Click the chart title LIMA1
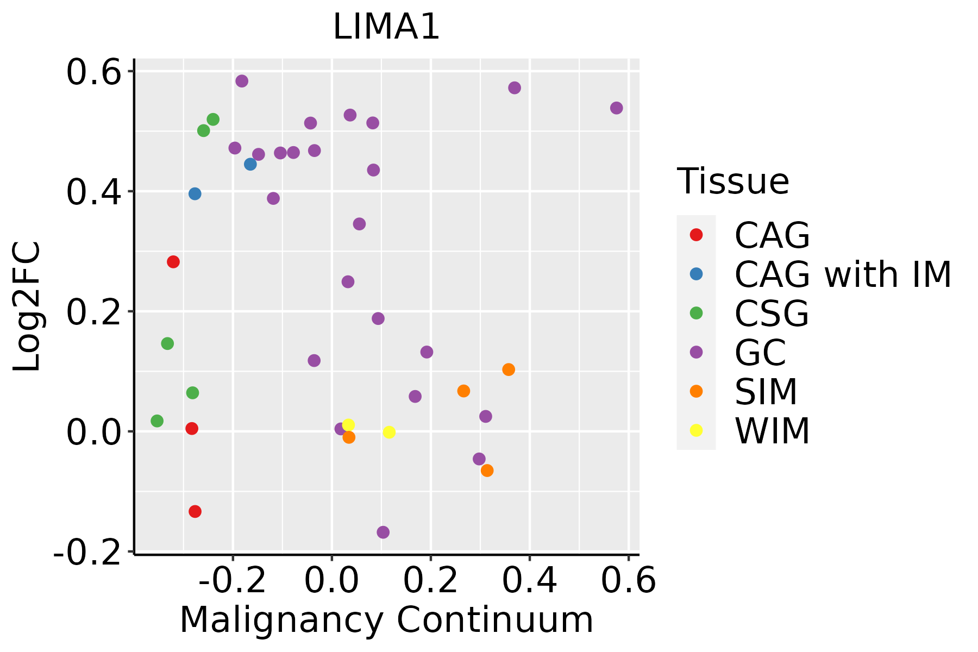click(386, 27)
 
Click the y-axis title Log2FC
click(27, 306)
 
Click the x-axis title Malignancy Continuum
click(386, 620)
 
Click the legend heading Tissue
click(733, 181)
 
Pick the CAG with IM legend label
click(843, 275)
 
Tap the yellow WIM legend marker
click(696, 430)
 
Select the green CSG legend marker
click(696, 313)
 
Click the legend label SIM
click(766, 392)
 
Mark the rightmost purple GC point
click(616, 108)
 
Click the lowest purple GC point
click(383, 532)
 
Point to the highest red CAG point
click(173, 262)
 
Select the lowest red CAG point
click(195, 511)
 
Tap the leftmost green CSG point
click(157, 421)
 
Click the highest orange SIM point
click(509, 369)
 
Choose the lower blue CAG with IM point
click(195, 194)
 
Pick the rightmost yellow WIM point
click(389, 432)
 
